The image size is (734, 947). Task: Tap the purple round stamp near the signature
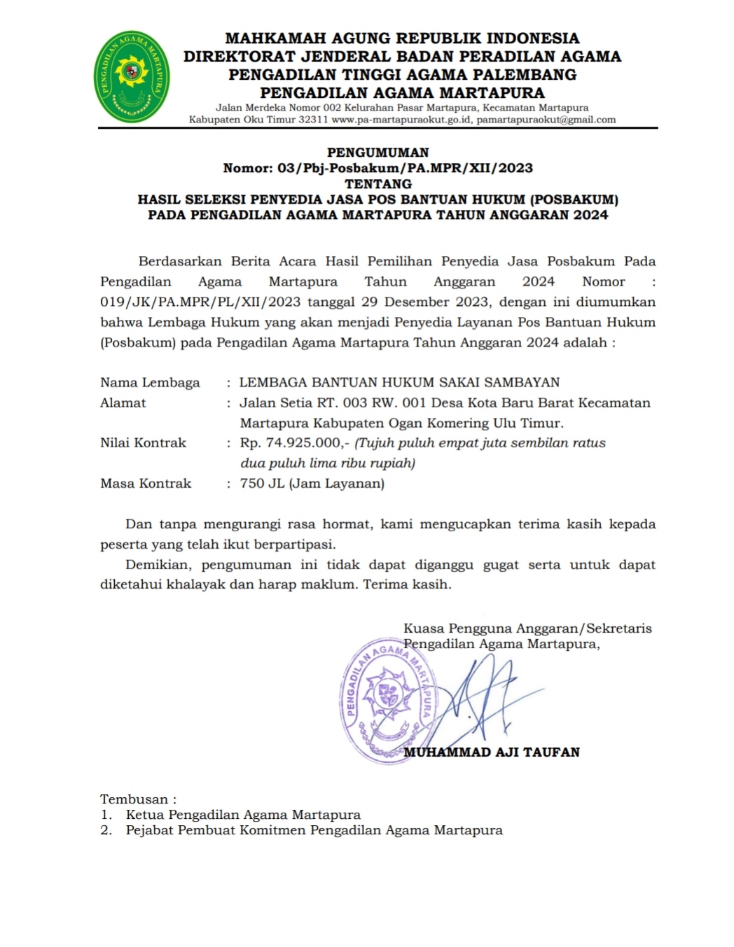click(387, 700)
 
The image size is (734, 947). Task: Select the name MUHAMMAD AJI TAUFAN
click(492, 752)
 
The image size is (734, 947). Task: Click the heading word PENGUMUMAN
click(378, 152)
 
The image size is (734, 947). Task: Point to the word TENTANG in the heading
click(378, 183)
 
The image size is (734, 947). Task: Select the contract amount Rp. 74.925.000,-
click(294, 443)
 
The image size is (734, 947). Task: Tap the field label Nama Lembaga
click(150, 383)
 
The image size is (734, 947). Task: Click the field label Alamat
click(123, 403)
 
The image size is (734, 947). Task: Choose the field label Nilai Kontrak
click(143, 443)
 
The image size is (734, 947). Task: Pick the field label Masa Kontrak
click(146, 484)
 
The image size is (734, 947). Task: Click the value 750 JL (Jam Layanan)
click(312, 484)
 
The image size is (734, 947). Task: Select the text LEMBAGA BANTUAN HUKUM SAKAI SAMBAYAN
click(399, 383)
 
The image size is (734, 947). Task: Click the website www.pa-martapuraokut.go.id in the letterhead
click(402, 120)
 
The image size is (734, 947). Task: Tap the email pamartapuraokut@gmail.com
click(546, 120)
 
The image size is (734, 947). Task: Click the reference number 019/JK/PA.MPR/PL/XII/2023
click(200, 302)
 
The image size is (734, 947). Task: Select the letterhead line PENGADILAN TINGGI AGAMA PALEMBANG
click(403, 75)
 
